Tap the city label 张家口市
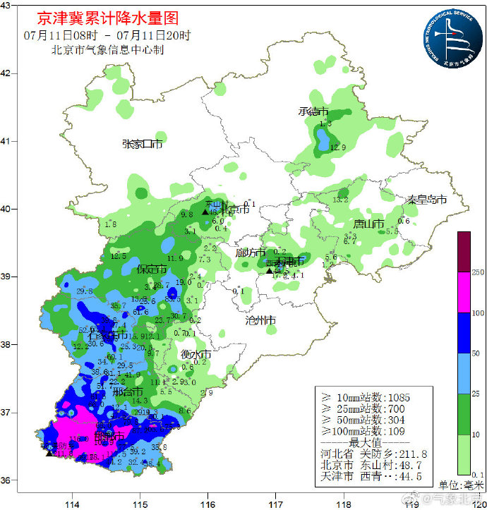[x=143, y=144]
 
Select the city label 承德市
[x=313, y=111]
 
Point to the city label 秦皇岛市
[x=426, y=200]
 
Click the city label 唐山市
[x=368, y=224]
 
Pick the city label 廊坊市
[x=251, y=253]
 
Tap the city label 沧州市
[x=260, y=320]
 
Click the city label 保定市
[x=152, y=269]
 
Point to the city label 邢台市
[x=128, y=391]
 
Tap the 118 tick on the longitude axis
[x=344, y=503]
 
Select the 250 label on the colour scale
[x=478, y=272]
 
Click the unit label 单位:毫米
[x=461, y=485]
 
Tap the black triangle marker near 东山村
[x=205, y=212]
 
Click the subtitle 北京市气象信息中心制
[x=107, y=50]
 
